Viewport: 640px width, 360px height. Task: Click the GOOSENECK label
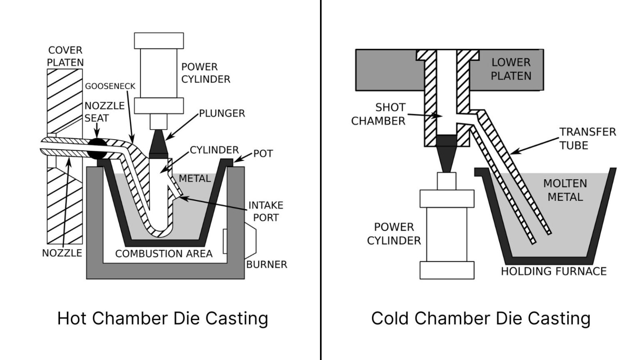(110, 86)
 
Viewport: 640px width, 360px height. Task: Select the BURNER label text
(266, 265)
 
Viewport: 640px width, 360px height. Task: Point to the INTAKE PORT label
(265, 211)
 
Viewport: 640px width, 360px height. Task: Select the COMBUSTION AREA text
(164, 253)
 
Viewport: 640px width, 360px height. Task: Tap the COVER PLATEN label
(65, 56)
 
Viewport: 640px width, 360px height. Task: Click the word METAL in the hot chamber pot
(195, 179)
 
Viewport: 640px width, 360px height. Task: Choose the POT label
(263, 154)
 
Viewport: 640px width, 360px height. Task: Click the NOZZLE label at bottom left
(62, 253)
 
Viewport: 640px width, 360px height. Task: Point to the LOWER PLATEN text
(511, 69)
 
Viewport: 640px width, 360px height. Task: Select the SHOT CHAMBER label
(378, 114)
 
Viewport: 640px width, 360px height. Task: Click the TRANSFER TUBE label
(587, 138)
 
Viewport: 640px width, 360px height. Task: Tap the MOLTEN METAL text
(565, 190)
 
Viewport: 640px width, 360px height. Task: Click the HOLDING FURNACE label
(553, 271)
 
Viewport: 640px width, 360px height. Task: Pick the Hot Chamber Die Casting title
(162, 318)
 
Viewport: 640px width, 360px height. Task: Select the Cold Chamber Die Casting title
(480, 318)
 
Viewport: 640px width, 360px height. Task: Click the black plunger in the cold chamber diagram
(447, 152)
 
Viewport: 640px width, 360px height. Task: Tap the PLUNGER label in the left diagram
(222, 113)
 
